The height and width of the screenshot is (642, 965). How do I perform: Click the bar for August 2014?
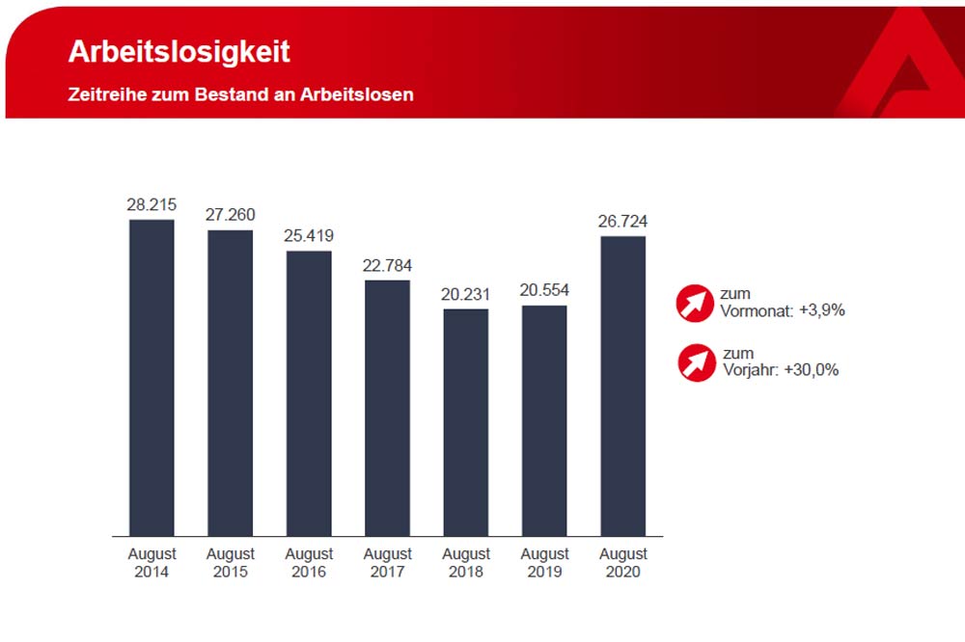[x=152, y=377]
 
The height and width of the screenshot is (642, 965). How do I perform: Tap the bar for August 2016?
[x=309, y=392]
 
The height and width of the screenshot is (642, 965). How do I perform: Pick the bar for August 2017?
[x=387, y=407]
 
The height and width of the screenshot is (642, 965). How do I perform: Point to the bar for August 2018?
[x=466, y=421]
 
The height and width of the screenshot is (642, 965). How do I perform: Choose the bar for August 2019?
[x=544, y=419]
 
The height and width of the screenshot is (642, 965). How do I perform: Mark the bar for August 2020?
[x=622, y=386]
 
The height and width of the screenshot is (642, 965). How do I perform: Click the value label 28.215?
[x=152, y=205]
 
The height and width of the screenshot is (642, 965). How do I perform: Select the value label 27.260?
[x=230, y=215]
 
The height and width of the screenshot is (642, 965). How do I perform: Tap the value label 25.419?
[x=309, y=235]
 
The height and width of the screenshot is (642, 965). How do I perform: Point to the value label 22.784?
[x=387, y=265]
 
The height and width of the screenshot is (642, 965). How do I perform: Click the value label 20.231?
[x=466, y=294]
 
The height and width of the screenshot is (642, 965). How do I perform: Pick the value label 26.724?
[x=622, y=222]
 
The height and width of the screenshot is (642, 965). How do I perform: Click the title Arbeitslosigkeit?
[x=179, y=52]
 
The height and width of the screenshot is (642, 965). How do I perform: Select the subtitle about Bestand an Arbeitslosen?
[x=240, y=94]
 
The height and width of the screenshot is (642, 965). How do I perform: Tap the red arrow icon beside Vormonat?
[x=696, y=303]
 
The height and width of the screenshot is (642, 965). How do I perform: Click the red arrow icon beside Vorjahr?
[x=696, y=362]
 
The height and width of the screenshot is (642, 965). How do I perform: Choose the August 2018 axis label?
[x=466, y=563]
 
